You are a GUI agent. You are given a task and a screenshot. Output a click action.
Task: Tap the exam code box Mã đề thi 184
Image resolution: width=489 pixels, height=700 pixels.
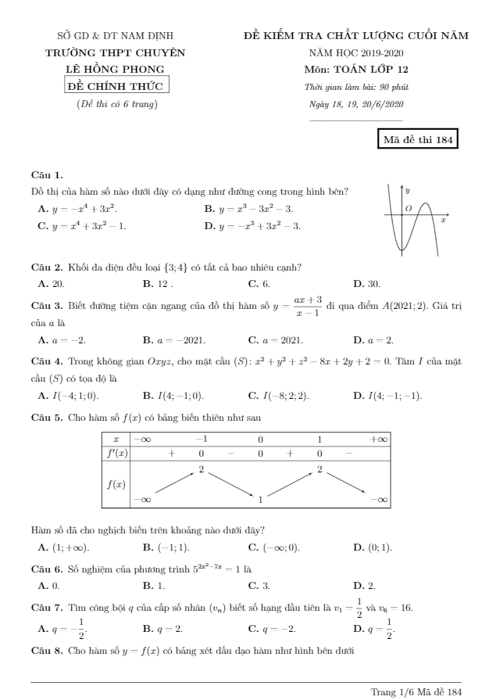pos(416,140)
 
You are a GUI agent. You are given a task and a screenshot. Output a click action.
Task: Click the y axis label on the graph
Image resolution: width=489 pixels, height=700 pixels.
pos(408,190)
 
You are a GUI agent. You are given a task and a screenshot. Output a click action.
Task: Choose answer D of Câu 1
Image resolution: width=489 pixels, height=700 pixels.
pos(252,226)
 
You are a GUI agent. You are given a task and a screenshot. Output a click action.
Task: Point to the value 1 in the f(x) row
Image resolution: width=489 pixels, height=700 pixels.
pos(260,497)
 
